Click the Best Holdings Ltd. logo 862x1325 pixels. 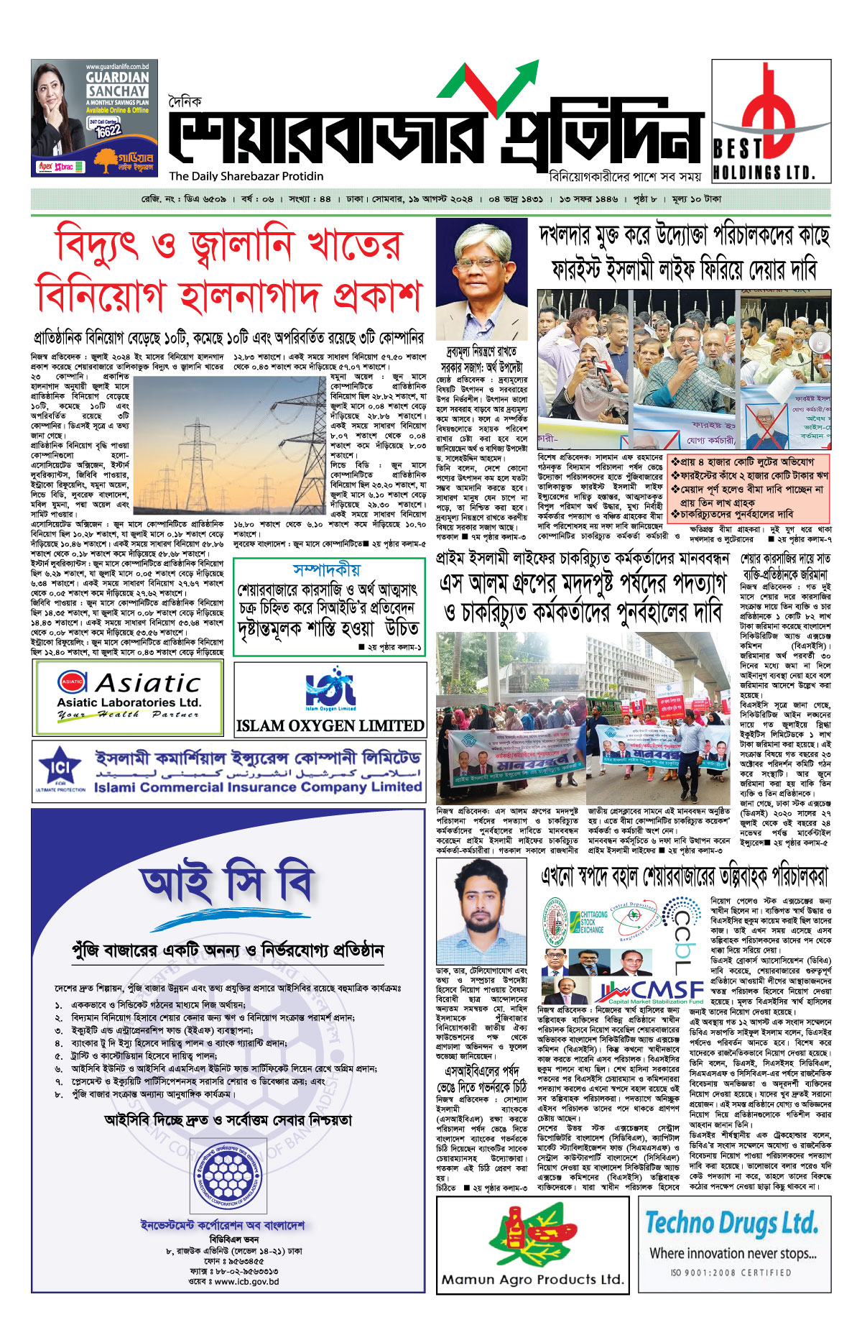pos(770,121)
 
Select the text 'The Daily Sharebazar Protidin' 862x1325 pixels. pos(246,176)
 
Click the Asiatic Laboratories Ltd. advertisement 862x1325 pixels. pos(129,696)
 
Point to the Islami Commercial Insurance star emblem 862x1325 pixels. pos(59,769)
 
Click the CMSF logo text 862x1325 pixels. pos(657,990)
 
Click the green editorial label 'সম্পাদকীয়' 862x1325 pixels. pos(327,570)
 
